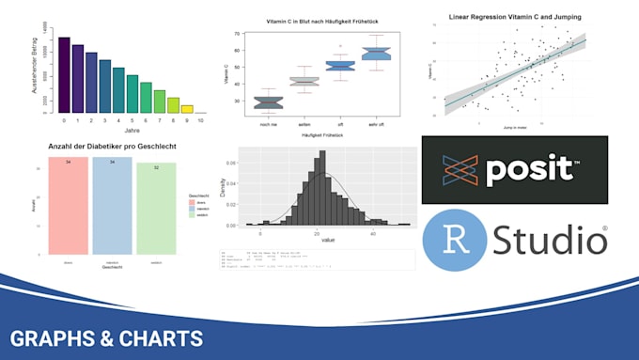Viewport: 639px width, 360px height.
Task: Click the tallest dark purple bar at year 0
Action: pyautogui.click(x=64, y=75)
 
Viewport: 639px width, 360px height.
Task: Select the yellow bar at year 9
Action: pyautogui.click(x=187, y=108)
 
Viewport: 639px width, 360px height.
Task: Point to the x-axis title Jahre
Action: pyautogui.click(x=132, y=133)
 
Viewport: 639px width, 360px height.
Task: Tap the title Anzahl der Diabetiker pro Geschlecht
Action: pyautogui.click(x=113, y=147)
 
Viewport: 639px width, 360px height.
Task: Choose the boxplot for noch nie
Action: pyautogui.click(x=269, y=102)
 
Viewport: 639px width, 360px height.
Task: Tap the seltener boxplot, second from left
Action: pyautogui.click(x=304, y=82)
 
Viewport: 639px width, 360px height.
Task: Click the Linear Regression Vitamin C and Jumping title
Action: pyautogui.click(x=514, y=16)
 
